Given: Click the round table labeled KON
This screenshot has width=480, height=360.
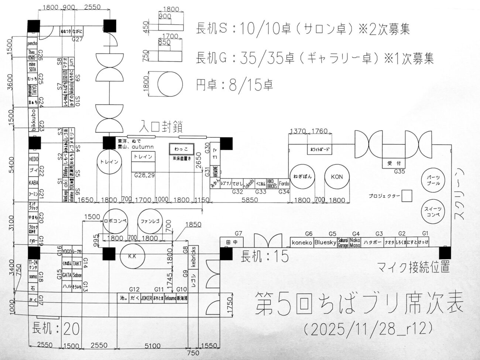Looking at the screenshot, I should click(337, 177).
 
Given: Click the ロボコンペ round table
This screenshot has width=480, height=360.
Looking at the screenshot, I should click(115, 221).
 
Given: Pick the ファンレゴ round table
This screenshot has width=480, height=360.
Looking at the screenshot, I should click(150, 221).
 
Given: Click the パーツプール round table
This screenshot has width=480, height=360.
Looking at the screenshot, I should click(433, 180).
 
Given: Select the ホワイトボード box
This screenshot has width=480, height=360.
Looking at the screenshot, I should click(320, 150).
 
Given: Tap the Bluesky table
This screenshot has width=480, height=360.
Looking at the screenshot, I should click(325, 242).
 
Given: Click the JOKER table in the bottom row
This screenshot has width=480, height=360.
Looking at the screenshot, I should click(146, 298).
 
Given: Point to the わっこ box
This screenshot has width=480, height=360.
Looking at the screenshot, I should click(182, 149).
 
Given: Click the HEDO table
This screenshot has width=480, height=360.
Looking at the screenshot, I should click(34, 159).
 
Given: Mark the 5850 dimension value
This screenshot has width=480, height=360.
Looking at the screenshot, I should click(250, 200).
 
